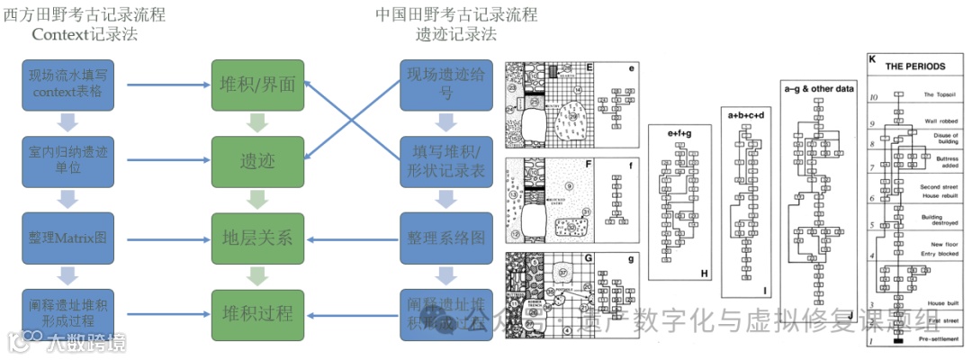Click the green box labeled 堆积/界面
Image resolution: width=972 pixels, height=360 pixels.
tap(257, 85)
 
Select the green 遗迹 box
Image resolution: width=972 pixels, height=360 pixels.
tap(257, 162)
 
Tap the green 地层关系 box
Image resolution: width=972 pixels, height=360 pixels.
tap(257, 238)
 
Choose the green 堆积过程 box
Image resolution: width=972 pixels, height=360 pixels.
tap(257, 314)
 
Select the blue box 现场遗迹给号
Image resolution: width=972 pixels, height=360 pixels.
tap(445, 85)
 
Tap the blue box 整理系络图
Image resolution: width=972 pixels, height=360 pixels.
tap(445, 238)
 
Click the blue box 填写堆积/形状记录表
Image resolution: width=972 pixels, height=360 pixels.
tap(445, 162)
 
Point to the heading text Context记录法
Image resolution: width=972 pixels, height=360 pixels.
tap(84, 34)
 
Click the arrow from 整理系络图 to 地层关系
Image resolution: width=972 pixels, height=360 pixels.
tap(351, 238)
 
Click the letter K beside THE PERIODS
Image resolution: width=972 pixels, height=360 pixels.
tap(872, 59)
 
